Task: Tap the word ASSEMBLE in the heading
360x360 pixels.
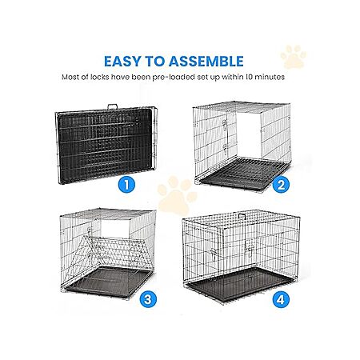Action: [206, 62]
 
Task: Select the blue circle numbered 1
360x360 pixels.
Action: [126, 184]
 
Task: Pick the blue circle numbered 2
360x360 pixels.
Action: [281, 184]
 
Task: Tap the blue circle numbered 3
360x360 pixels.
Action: [148, 299]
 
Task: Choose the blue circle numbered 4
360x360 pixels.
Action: [281, 299]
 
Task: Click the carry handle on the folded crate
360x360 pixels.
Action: [112, 106]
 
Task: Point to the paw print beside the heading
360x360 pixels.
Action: [294, 57]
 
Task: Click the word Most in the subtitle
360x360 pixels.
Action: [70, 77]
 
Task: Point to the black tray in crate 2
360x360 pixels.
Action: [244, 174]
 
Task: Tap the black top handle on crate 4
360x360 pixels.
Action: [242, 216]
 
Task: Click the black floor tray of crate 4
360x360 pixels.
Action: [240, 284]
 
